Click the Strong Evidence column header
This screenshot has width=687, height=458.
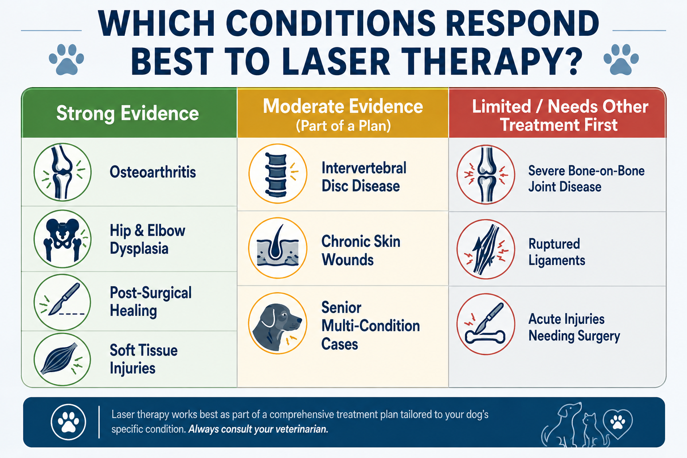click(x=127, y=113)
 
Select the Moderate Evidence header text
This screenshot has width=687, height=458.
click(x=343, y=106)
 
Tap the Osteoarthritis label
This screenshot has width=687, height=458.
click(x=153, y=172)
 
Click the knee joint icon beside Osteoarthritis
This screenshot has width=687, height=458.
click(x=63, y=172)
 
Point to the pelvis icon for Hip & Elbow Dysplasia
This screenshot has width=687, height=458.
click(x=63, y=239)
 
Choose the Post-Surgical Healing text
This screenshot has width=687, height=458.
click(x=151, y=301)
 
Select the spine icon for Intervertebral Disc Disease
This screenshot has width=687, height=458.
click(x=278, y=174)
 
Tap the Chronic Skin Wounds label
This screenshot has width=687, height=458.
click(x=360, y=250)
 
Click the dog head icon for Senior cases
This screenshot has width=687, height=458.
click(x=278, y=323)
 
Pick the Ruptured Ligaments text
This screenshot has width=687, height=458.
click(x=557, y=252)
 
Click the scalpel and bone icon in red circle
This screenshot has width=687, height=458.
click(x=486, y=324)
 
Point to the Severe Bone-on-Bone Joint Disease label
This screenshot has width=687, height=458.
click(x=586, y=178)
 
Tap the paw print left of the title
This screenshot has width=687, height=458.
click(x=66, y=59)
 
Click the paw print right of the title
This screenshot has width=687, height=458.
click(x=621, y=59)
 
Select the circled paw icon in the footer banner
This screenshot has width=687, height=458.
click(x=68, y=422)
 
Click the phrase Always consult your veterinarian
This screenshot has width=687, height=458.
click(x=258, y=429)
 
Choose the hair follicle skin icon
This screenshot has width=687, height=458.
click(x=278, y=248)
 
